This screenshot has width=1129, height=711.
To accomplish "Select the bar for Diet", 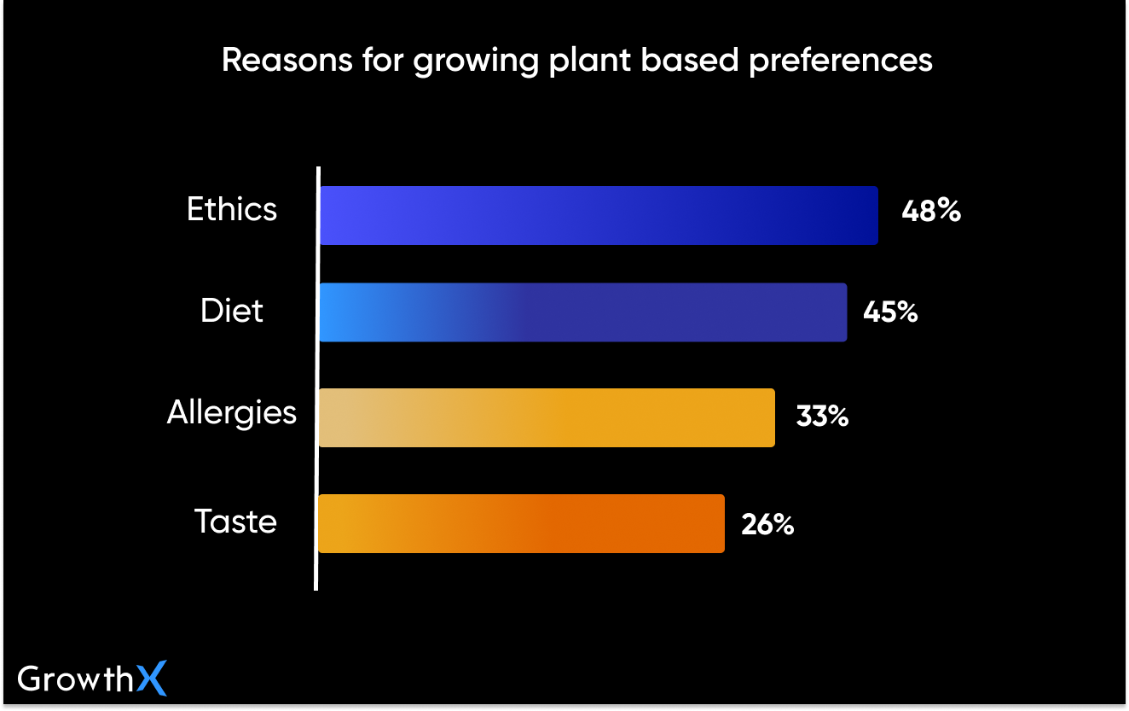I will coord(583,312).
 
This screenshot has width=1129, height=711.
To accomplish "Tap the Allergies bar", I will coord(547,417).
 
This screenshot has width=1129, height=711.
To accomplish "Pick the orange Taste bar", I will coord(521,523).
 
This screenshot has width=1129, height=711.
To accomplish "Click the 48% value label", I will coord(931,210).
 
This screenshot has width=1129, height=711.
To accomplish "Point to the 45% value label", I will coord(890,312).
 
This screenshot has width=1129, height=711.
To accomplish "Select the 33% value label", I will coord(822,417).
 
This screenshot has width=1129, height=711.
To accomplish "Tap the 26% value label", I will coord(767,524).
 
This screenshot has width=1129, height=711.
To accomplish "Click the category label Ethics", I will coord(232,210).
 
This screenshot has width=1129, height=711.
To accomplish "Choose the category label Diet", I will coord(232,312).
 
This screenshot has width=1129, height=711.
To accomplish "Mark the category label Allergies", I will coord(232,414).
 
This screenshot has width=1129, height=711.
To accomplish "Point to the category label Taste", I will coord(235,522).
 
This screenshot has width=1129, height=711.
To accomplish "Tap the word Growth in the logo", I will coord(75,680).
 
